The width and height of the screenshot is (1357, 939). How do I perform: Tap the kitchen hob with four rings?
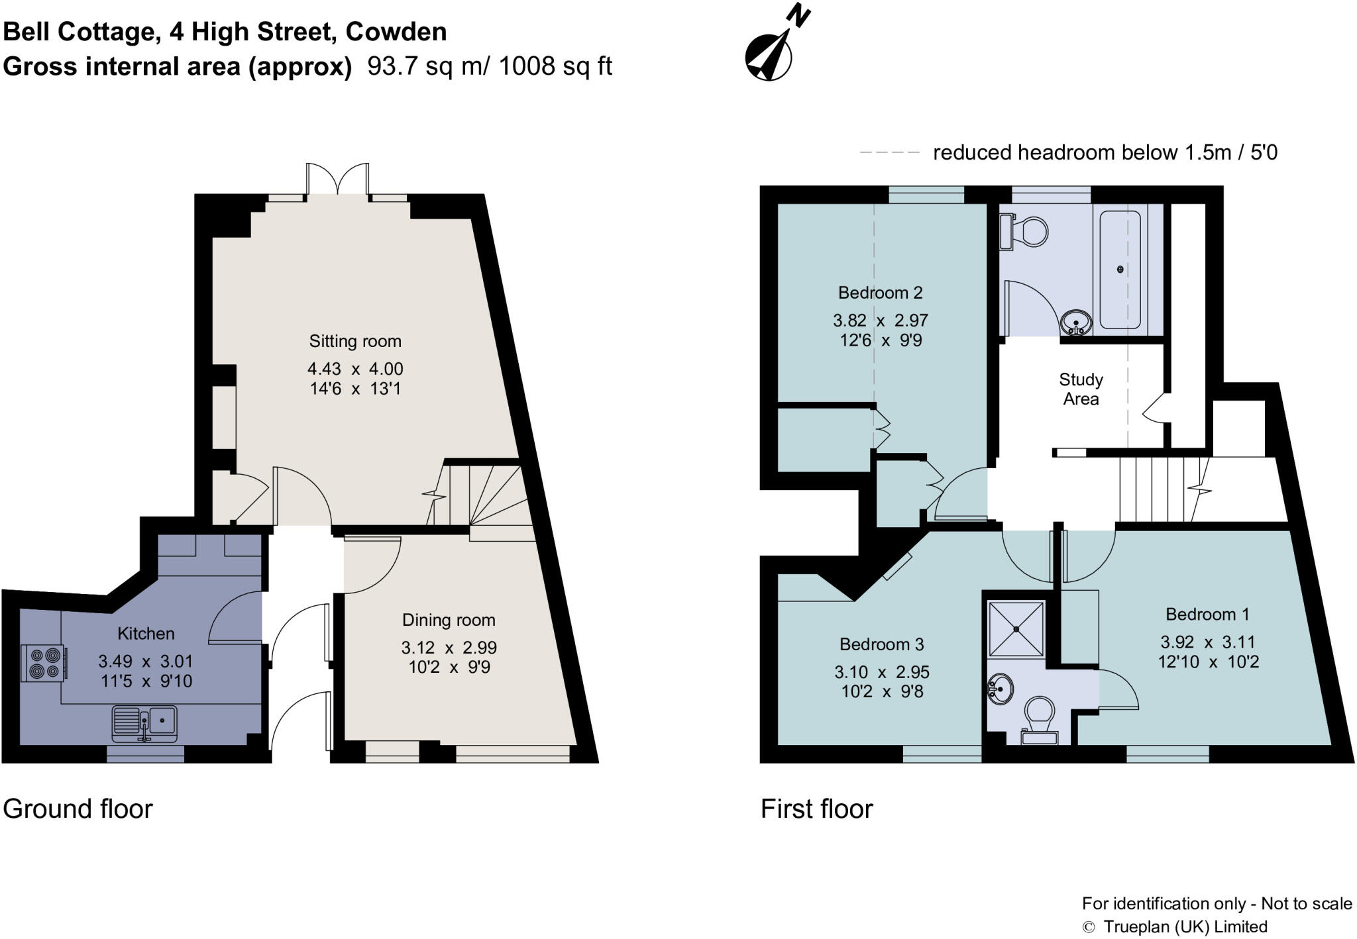(44, 662)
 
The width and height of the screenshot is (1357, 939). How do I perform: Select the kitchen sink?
(144, 723)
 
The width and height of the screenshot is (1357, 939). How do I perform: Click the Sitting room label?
(355, 341)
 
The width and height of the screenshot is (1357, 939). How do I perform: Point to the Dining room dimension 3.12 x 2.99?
(449, 647)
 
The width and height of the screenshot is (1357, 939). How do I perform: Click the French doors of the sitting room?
(337, 179)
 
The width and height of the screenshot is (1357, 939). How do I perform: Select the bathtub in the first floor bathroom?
(1120, 270)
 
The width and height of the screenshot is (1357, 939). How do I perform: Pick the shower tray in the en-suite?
(1016, 629)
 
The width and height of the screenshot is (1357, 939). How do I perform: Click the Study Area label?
(1081, 389)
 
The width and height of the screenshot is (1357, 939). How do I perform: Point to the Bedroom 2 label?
(880, 292)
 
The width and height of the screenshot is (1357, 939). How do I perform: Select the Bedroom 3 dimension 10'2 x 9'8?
(881, 691)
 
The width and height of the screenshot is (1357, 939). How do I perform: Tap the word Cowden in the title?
(396, 32)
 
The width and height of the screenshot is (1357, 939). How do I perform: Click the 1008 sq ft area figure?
(555, 66)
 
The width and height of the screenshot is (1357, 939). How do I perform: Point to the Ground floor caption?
(78, 809)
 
